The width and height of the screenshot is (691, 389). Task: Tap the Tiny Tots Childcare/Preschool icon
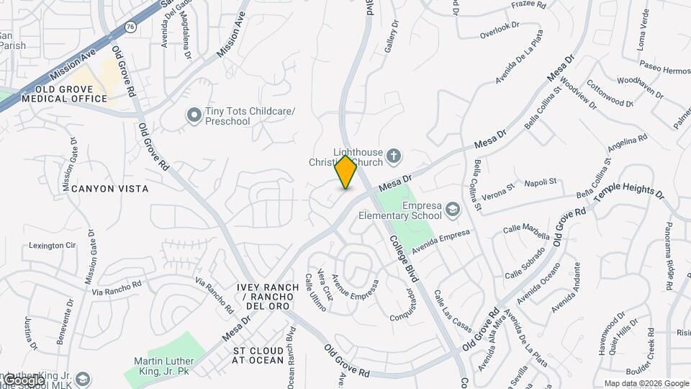pyautogui.click(x=193, y=115)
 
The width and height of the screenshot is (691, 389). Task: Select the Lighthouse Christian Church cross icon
pyautogui.click(x=393, y=156)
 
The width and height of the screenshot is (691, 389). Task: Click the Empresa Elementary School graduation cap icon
pyautogui.click(x=453, y=210)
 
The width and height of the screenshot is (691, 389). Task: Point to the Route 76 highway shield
pyautogui.click(x=129, y=27)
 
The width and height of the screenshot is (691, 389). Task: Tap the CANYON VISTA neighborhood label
pyautogui.click(x=111, y=189)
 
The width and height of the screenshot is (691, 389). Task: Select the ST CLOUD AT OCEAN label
pyautogui.click(x=258, y=355)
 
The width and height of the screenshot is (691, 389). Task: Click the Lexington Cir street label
pyautogui.click(x=52, y=246)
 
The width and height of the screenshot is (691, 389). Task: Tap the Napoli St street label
pyautogui.click(x=541, y=182)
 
